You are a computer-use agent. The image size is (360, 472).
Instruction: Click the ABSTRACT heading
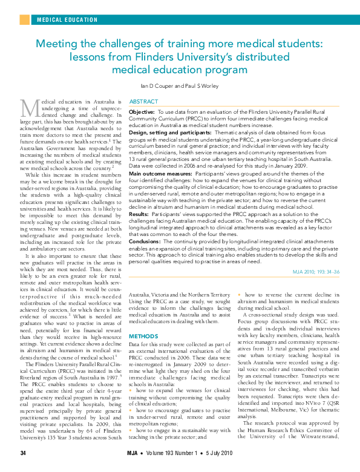pyautogui.click(x=144, y=102)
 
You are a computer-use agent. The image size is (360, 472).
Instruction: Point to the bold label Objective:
pyautogui.click(x=142, y=113)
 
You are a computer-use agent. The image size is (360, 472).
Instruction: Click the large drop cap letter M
pyautogui.click(x=30, y=108)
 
